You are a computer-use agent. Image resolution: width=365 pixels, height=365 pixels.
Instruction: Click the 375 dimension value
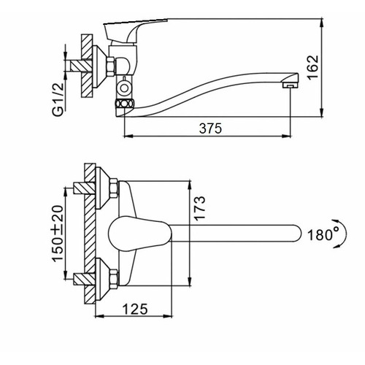tap(210, 128)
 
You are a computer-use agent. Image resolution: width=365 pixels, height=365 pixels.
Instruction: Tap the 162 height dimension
tap(312, 67)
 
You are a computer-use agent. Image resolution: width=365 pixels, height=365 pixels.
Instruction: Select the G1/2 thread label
tap(58, 99)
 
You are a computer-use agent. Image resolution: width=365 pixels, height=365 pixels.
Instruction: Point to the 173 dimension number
tap(200, 208)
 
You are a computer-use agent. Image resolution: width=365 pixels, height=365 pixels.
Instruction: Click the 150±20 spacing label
tap(58, 234)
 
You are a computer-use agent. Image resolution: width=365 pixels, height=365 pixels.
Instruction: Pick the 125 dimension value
tap(135, 309)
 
